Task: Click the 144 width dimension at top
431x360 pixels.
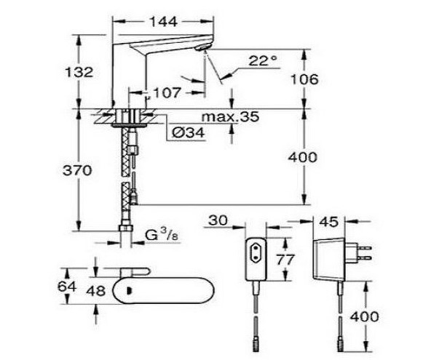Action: (x=163, y=21)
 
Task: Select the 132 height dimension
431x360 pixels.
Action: (x=79, y=72)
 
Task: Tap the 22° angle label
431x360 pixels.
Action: (x=262, y=60)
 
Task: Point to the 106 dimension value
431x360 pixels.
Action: (x=304, y=79)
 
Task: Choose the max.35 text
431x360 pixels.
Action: (x=230, y=116)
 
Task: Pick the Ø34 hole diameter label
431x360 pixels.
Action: (x=189, y=133)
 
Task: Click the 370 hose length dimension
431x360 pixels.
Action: (x=77, y=170)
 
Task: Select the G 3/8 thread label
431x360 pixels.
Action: (x=162, y=236)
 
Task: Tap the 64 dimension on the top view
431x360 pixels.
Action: (x=67, y=287)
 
